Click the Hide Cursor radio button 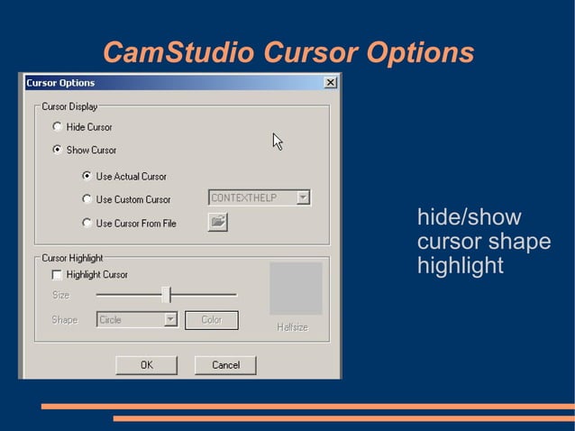[x=58, y=127]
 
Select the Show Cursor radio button [x=58, y=150]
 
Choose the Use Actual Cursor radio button [x=87, y=176]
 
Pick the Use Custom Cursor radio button [x=87, y=199]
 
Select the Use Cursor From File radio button [x=87, y=223]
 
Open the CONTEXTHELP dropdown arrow [x=303, y=197]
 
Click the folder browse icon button [x=217, y=221]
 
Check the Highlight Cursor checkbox [x=58, y=274]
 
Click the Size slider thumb [x=167, y=294]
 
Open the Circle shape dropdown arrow [x=169, y=319]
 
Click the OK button [x=146, y=365]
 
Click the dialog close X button [x=331, y=83]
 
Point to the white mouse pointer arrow [x=278, y=142]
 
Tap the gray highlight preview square [x=296, y=289]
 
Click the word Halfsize [x=292, y=327]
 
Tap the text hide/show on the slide [x=469, y=218]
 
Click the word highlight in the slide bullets [x=460, y=267]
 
